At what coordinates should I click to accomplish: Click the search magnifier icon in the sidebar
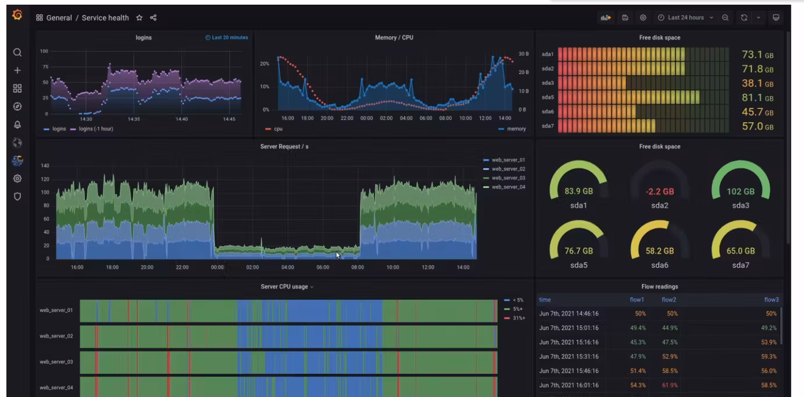[17, 52]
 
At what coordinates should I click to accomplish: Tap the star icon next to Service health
[140, 18]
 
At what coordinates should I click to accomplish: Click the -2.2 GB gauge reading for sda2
[659, 192]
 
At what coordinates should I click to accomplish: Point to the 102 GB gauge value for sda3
[740, 192]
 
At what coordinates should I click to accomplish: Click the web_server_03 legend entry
[508, 178]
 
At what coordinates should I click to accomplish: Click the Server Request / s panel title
[284, 147]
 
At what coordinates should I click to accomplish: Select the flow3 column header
[771, 300]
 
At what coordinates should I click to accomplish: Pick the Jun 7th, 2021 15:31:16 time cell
[569, 356]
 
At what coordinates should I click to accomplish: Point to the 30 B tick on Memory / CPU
[523, 54]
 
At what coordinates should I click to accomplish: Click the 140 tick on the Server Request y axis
[45, 166]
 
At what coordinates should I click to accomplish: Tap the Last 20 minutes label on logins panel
[227, 38]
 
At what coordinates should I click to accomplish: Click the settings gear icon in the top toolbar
[643, 17]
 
